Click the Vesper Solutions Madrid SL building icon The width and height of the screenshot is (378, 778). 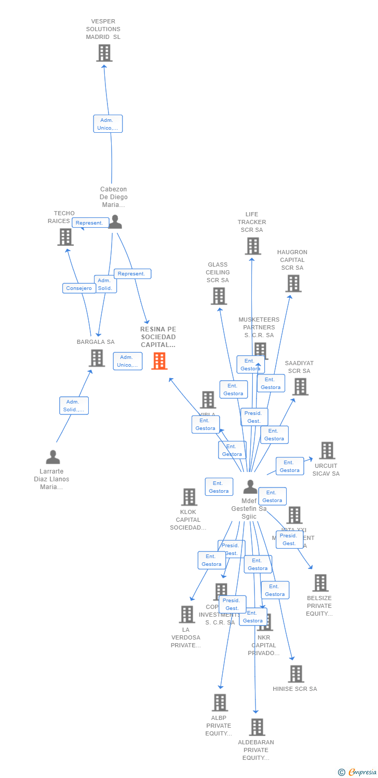tap(104, 53)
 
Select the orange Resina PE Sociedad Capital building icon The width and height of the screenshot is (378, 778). tap(159, 361)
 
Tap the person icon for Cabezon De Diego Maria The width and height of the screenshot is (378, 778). tap(115, 222)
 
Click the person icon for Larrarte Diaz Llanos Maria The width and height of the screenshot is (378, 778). tap(53, 457)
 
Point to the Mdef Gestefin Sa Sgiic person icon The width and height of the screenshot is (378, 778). tap(250, 487)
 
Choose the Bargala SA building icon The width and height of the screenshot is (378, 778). tap(97, 358)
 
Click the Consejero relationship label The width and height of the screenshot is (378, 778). tap(79, 288)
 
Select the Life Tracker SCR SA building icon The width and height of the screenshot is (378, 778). tap(253, 246)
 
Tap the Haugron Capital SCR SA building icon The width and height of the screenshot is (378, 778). tap(293, 283)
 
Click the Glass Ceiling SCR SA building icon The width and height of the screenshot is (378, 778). tap(219, 296)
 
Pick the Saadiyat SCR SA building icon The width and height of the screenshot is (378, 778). tap(300, 386)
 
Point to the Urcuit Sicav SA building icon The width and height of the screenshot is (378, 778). tap(327, 451)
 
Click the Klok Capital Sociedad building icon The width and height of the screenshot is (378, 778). tap(189, 497)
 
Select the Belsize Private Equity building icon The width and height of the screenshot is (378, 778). tap(320, 583)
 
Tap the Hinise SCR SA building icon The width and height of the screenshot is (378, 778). tap(296, 674)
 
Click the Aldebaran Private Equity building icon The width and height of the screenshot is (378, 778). tap(257, 727)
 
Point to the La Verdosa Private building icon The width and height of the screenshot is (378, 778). tap(187, 614)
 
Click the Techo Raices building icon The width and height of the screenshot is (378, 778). tap(65, 237)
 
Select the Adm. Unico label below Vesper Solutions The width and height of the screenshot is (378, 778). tap(108, 124)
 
